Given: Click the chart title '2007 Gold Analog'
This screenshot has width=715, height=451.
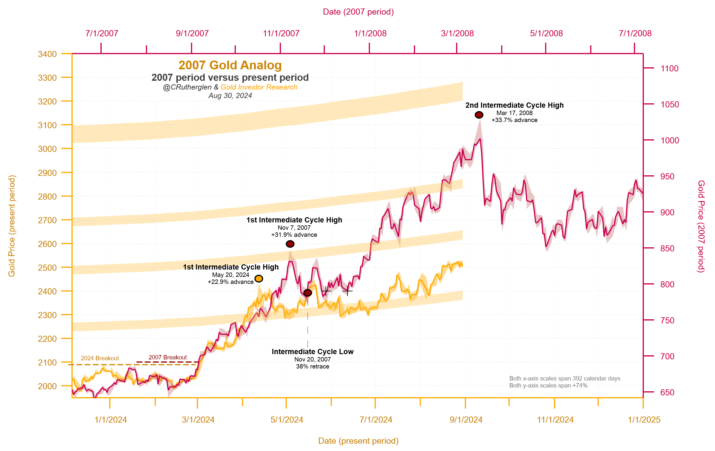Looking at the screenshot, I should pos(230,65).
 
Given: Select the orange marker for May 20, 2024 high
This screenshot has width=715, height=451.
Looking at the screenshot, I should pos(259,279).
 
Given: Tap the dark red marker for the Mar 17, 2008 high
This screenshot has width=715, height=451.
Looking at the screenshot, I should pos(479,115).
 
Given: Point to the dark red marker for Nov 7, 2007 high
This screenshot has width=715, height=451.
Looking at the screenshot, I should pos(290,244).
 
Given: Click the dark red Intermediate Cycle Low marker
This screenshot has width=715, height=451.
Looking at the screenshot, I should pos(308,293).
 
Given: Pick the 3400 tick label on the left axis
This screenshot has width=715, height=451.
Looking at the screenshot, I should pos(47,54).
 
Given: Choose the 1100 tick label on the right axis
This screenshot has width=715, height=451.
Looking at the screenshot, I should pos(669,68).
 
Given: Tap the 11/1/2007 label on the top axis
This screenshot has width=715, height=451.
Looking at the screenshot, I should pos(281,33).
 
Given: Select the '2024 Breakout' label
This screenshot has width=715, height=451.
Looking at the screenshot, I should pos(100,358).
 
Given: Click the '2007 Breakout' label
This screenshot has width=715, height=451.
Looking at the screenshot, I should pos(168,357).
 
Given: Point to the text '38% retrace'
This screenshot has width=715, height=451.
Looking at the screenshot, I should pos(312,366).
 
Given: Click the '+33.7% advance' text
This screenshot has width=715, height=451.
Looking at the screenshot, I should pos(514,120).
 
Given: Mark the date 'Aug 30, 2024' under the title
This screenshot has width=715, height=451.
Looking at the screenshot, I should pos(230,95).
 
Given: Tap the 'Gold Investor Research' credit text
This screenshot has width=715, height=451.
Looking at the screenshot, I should pos(259,87).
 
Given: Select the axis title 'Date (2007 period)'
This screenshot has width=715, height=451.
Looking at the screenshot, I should pos(358,12).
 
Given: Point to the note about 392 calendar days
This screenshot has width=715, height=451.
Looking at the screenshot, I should pos(564,378).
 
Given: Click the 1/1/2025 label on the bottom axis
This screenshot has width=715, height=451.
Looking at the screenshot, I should pos(644,420).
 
